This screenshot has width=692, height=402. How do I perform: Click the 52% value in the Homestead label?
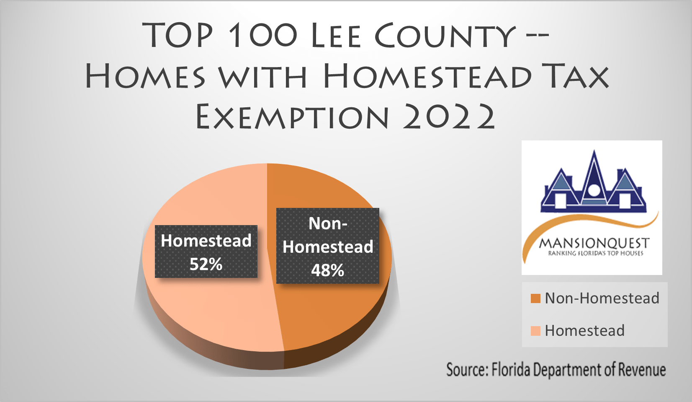[206, 264]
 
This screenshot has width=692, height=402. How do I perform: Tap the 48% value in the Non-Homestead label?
[327, 270]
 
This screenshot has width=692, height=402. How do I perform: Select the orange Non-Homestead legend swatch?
[535, 298]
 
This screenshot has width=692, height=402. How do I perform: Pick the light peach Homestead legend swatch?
[535, 331]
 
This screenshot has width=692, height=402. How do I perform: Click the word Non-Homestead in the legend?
[602, 298]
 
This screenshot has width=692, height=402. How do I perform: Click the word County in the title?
[445, 36]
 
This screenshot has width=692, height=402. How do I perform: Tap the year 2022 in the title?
[449, 117]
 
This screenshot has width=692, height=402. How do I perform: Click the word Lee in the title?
[336, 36]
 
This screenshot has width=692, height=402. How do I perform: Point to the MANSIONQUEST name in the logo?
[594, 243]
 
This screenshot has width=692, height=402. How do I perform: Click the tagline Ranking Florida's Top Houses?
[595, 253]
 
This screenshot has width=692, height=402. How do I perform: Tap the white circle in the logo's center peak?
[594, 190]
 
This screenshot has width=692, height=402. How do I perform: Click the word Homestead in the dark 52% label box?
[206, 241]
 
